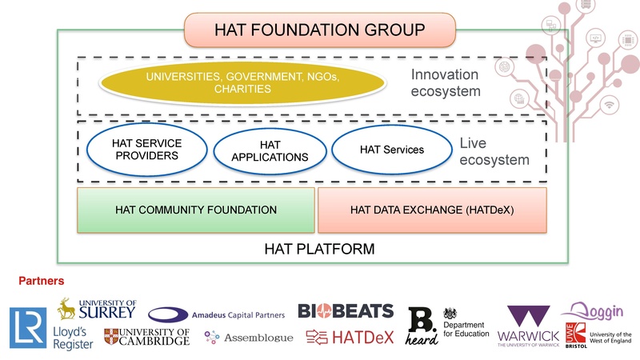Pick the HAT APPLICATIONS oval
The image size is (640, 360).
pos(269,150)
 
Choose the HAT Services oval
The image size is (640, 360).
pos(392,149)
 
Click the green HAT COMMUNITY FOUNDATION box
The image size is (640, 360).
pos(195,210)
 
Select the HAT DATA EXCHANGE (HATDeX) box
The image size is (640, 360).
pos(432,210)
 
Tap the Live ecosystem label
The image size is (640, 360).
pos(494,152)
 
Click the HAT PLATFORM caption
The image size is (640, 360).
pos(318,250)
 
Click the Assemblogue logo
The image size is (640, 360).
pos(249,338)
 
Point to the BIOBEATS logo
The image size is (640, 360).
pos(346,310)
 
